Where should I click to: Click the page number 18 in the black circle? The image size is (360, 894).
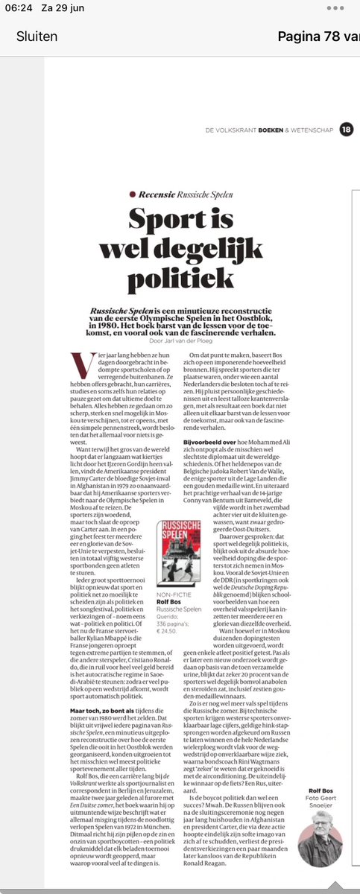(345, 130)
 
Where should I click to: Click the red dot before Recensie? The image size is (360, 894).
(132, 194)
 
